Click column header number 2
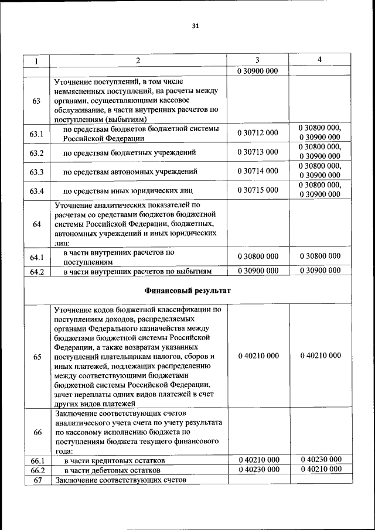click(138, 61)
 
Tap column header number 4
click(319, 60)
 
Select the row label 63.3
click(37, 172)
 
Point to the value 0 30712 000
click(258, 133)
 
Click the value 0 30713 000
click(258, 152)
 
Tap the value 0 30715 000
click(258, 190)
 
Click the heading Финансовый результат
click(187, 290)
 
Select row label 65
click(37, 356)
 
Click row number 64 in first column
click(37, 224)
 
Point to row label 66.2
click(37, 470)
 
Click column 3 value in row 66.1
click(258, 460)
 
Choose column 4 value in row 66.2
click(320, 470)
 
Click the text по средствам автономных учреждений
click(130, 172)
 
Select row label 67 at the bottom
click(37, 480)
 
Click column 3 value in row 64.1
click(258, 256)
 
